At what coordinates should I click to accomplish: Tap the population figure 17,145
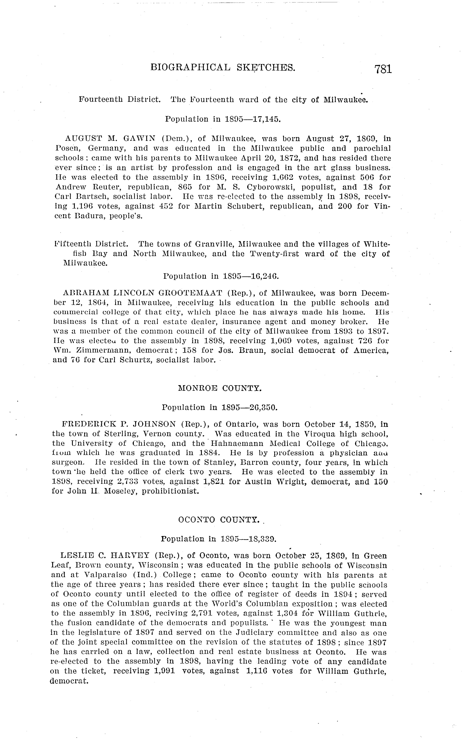(x=265, y=119)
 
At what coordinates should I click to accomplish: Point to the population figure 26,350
(x=262, y=408)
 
